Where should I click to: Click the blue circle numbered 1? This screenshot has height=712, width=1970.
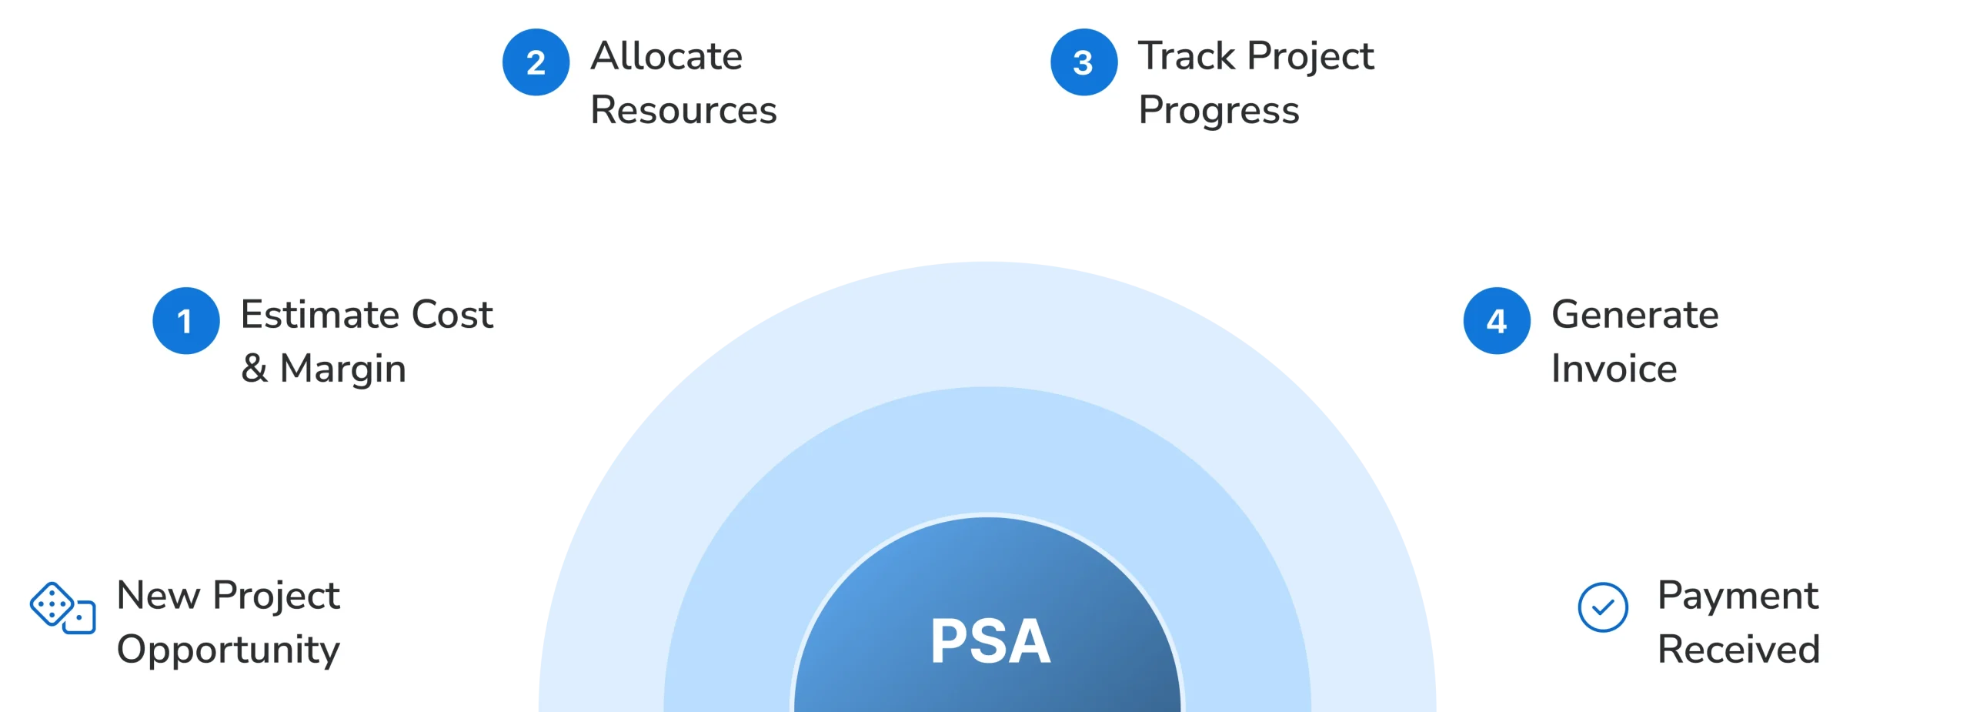point(185,321)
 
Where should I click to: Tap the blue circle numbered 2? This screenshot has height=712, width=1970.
point(536,62)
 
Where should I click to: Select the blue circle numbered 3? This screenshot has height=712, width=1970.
point(1083,62)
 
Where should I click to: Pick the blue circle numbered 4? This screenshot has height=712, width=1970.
point(1496,321)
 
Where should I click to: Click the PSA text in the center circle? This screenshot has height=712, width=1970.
point(990,641)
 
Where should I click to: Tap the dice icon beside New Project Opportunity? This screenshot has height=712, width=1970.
point(62,608)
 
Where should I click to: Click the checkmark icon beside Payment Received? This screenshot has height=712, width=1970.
point(1602,607)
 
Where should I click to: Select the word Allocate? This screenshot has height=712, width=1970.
point(666,56)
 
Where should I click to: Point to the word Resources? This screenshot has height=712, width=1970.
point(683,110)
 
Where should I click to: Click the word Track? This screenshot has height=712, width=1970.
point(1187,56)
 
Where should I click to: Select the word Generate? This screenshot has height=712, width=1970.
point(1634,315)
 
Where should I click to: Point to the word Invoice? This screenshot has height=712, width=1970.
point(1614,369)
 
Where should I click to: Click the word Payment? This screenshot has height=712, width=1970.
point(1738,597)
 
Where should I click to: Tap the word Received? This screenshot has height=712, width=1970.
point(1738,650)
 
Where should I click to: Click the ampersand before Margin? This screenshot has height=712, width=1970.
point(255,369)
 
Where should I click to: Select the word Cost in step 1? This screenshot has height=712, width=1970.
point(452,315)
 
